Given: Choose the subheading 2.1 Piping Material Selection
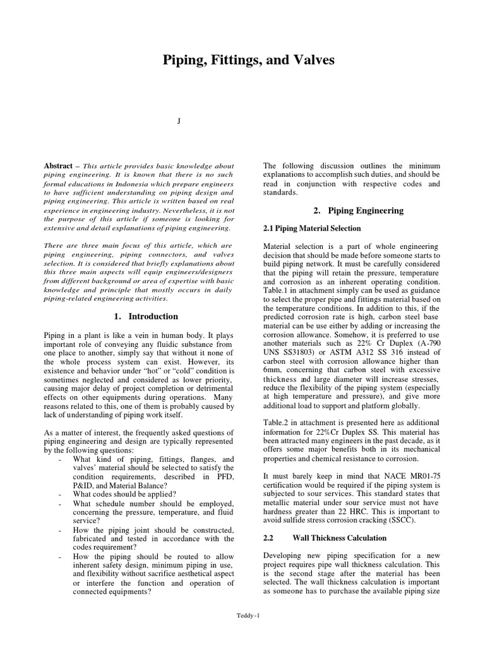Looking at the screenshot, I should coord(312,228).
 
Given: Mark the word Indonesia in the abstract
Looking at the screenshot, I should coord(137,183).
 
